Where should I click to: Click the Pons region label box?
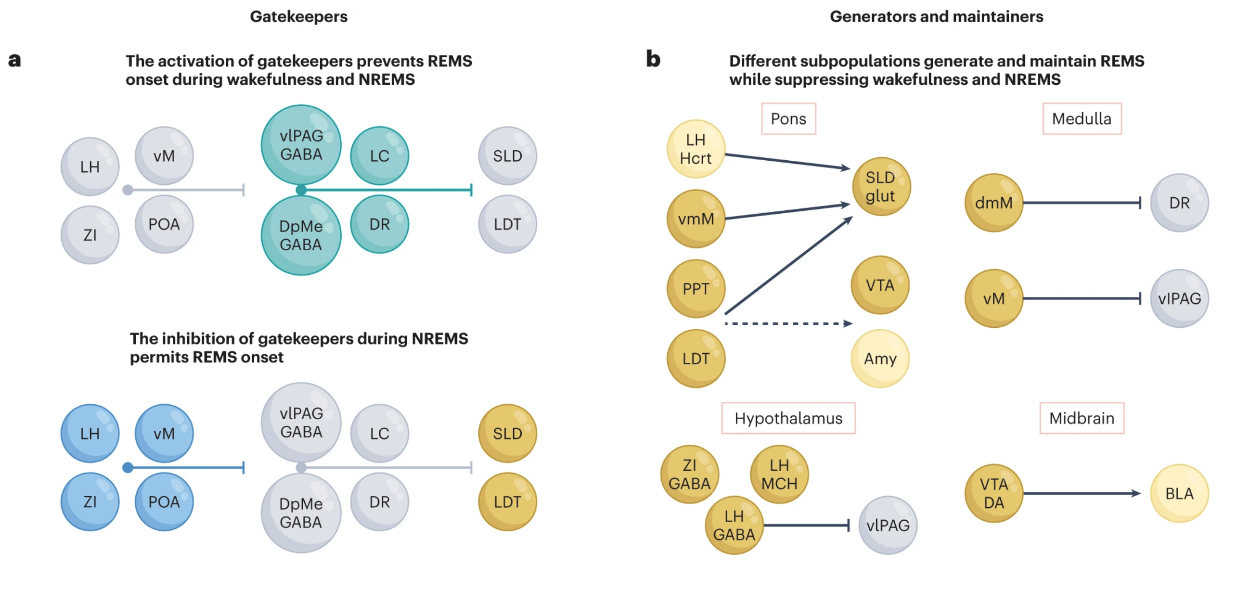point(788,118)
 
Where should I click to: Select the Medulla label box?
point(1081,118)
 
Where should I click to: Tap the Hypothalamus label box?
point(788,418)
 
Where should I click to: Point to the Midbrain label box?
point(1081,418)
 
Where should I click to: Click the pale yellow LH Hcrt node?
point(696,149)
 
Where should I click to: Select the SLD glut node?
point(880,186)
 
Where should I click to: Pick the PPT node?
point(696,288)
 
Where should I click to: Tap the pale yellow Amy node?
point(880,358)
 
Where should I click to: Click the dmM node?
point(993,203)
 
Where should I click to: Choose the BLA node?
point(1179,493)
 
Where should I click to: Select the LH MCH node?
point(779,474)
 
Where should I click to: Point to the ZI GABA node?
point(689,474)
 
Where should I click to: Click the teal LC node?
point(379,155)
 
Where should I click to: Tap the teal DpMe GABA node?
point(301,235)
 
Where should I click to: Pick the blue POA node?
point(164,501)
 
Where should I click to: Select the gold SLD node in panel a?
point(507,433)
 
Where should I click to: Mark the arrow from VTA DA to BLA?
point(1081,493)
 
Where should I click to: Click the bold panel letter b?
point(653,59)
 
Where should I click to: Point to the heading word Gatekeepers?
point(298,16)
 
